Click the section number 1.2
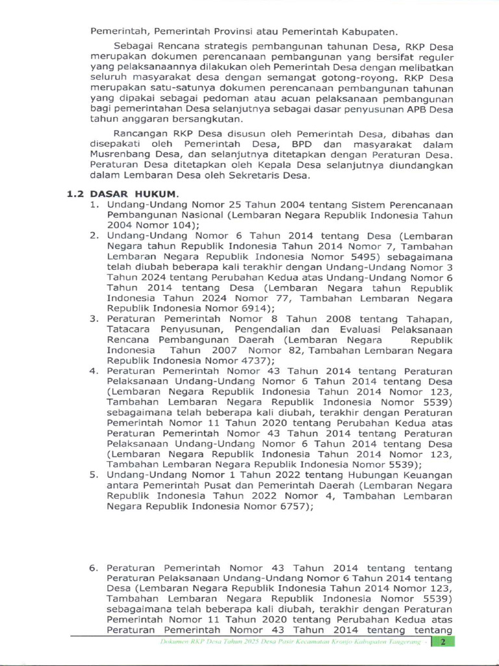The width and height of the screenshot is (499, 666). tap(76, 194)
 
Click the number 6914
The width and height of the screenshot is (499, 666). tap(246, 308)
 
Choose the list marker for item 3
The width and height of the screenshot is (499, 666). tap(94, 319)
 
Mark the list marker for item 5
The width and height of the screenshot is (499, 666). tap(94, 475)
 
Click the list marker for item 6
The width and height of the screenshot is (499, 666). tap(94, 568)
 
